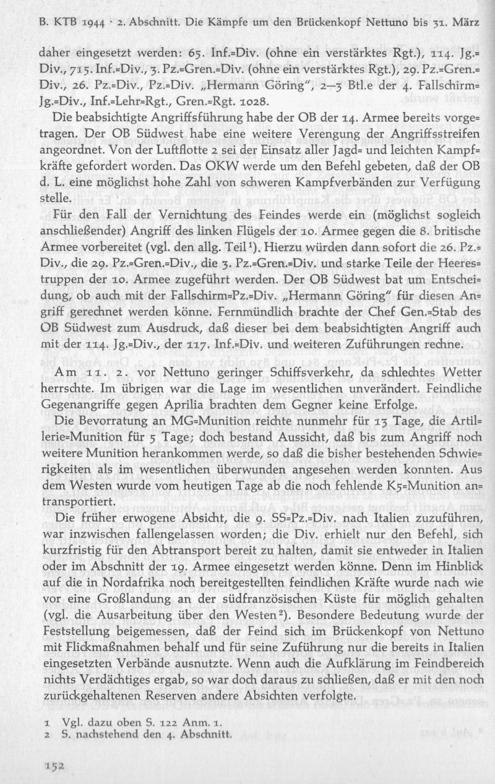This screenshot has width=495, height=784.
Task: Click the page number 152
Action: point(54,765)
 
